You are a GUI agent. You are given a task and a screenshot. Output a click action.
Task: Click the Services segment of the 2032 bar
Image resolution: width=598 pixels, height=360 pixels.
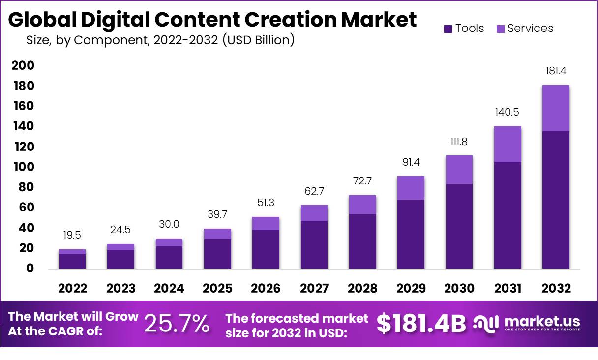coord(556,108)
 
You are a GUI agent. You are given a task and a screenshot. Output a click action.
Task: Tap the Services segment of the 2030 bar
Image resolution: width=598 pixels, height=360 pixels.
coord(459,170)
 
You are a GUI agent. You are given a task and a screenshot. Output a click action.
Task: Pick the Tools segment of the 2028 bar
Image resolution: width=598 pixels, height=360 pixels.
coord(362,241)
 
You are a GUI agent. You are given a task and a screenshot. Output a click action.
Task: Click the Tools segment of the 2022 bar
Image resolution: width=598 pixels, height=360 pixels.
coord(72,261)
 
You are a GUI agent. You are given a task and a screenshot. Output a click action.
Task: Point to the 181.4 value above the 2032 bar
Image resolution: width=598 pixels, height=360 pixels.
coord(556,71)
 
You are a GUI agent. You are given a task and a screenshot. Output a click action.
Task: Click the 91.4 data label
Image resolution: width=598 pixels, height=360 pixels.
coord(411,162)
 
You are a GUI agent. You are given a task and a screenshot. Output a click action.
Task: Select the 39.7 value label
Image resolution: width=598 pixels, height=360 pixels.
coord(217,214)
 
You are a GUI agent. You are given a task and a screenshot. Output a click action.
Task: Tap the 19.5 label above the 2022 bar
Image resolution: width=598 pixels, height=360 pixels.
coord(72,235)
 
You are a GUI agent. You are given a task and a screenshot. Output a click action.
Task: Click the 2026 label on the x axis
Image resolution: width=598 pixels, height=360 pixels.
coord(266,289)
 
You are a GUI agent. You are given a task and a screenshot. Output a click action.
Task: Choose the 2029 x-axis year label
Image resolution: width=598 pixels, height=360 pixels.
coord(411,289)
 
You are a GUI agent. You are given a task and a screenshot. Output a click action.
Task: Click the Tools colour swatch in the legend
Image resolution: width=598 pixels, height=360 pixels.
coord(448,29)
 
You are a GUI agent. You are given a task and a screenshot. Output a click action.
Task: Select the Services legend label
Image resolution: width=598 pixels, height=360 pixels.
coord(530,29)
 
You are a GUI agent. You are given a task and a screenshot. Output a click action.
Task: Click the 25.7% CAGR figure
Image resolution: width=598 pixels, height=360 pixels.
coord(177,324)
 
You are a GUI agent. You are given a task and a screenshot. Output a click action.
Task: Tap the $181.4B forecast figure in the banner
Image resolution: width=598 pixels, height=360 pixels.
coord(421,324)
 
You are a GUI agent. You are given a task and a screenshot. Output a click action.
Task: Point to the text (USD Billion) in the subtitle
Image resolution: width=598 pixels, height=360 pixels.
coord(258,40)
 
